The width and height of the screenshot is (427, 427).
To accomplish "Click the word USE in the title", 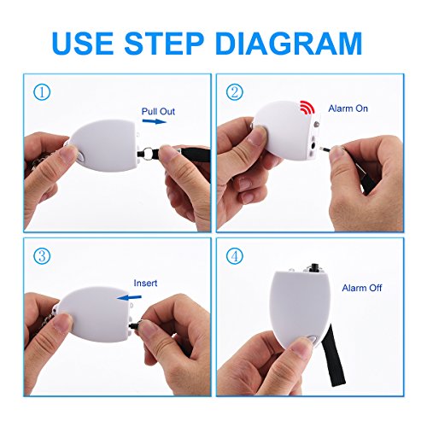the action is click(83, 44).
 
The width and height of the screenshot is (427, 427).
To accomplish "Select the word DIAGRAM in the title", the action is click(289, 44).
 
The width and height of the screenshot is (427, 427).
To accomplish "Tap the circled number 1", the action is click(42, 92).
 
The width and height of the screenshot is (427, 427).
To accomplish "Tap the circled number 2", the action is click(235, 92).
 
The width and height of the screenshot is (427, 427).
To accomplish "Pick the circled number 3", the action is click(42, 256).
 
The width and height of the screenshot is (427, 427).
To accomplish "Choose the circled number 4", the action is click(235, 256).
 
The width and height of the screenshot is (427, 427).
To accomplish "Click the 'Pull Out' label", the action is click(158, 111).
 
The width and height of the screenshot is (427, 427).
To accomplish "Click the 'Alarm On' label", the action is click(348, 108).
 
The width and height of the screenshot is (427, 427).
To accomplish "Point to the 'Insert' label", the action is click(145, 283).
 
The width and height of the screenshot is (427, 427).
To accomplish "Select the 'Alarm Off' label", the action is click(362, 288).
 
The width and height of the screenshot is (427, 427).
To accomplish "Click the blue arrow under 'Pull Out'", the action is click(154, 121).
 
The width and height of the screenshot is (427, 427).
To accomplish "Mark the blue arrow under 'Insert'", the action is click(129, 297).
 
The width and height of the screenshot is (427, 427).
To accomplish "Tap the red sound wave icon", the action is click(307, 108).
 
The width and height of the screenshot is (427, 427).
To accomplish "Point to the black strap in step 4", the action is click(335, 356).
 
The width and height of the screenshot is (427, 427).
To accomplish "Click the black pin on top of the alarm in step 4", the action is click(313, 267).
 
